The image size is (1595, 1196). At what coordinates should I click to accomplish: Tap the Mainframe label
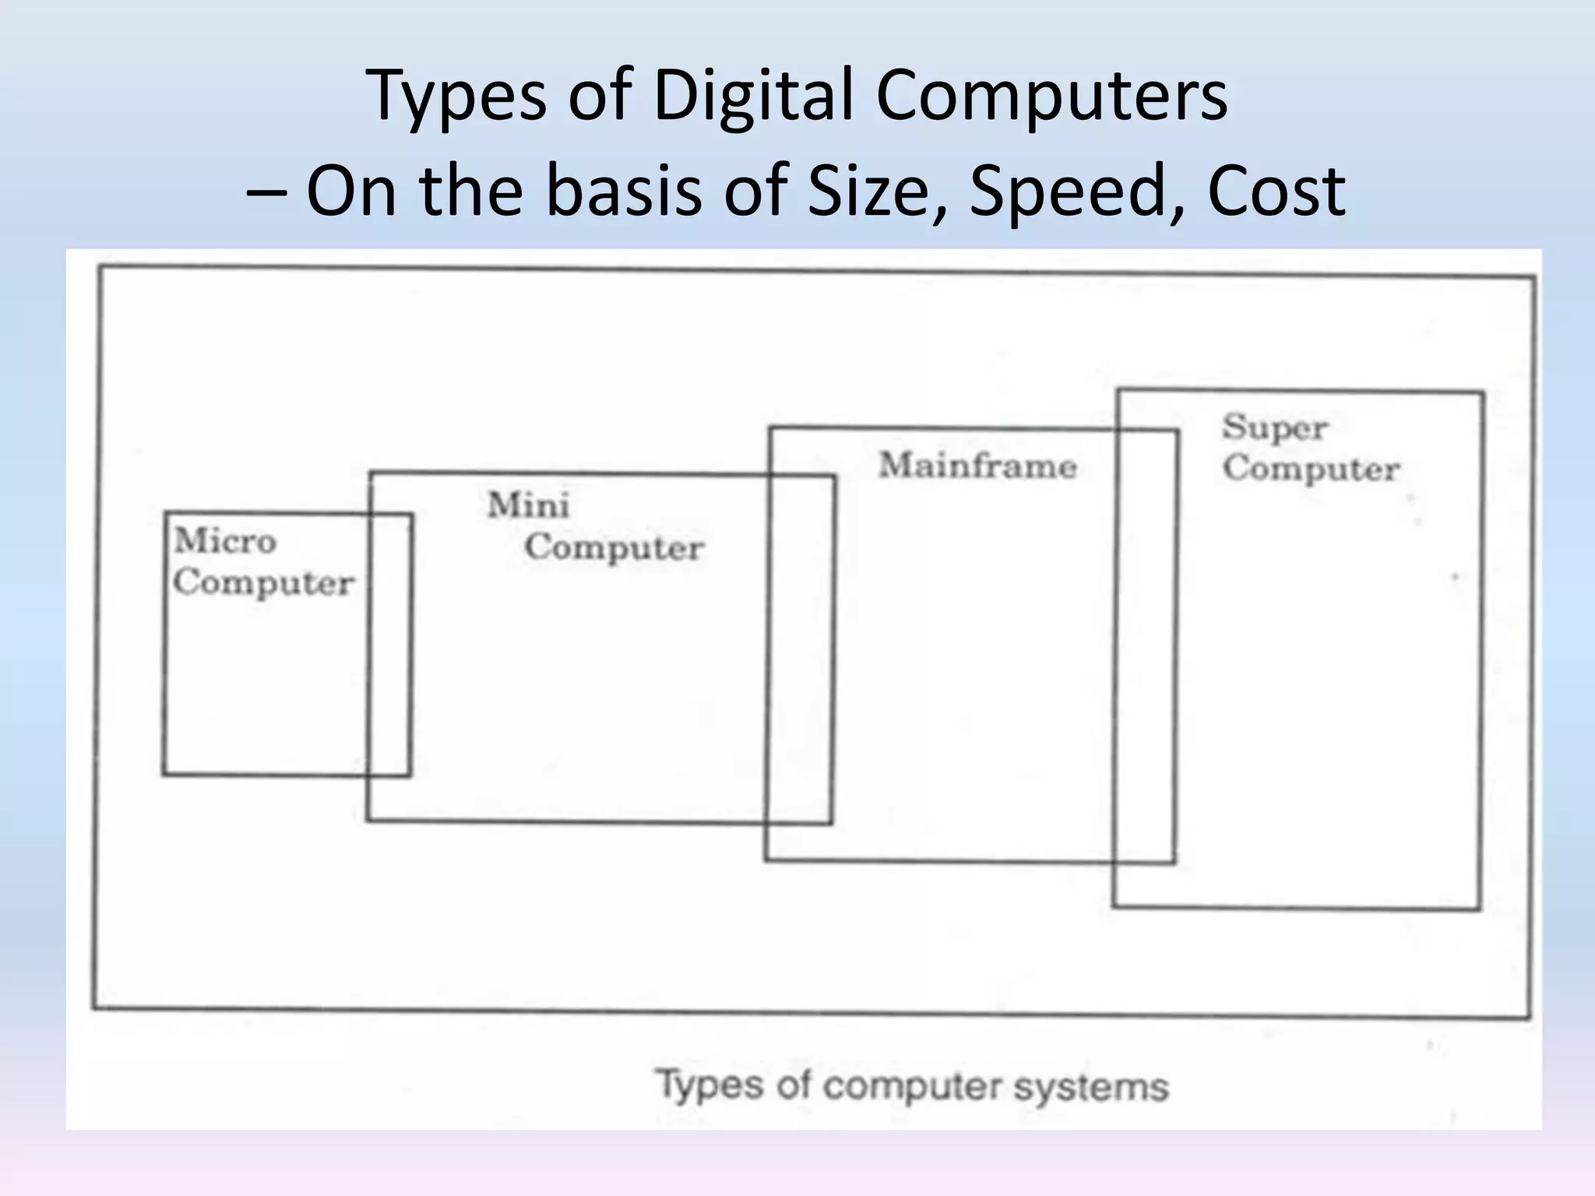[x=977, y=466]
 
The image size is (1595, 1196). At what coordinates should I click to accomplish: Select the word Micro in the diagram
[x=225, y=540]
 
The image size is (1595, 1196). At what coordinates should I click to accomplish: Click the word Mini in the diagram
[x=529, y=505]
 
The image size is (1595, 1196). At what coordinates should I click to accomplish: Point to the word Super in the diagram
[x=1275, y=427]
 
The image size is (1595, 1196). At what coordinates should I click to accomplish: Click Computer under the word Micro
[x=263, y=582]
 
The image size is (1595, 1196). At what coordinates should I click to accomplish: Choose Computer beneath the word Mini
[x=614, y=547]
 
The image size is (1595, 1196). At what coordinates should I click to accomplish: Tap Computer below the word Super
[x=1311, y=469]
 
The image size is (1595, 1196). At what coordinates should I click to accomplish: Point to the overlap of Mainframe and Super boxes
[x=1146, y=646]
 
